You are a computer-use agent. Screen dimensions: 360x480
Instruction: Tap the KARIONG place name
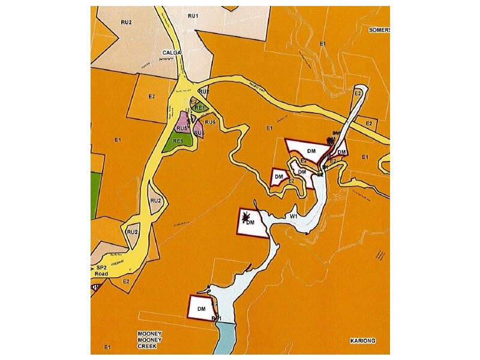pyautogui.click(x=362, y=341)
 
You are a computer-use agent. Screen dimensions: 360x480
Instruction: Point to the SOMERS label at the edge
pyautogui.click(x=379, y=29)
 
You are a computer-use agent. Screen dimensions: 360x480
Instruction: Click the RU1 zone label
pyautogui.click(x=193, y=15)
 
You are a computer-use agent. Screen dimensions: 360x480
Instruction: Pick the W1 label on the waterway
pyautogui.click(x=294, y=215)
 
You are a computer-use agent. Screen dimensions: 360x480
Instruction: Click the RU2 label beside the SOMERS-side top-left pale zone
pyautogui.click(x=126, y=22)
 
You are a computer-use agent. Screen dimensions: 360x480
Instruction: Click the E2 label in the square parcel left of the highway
pyautogui.click(x=152, y=96)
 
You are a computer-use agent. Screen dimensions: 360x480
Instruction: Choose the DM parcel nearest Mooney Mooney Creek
pyautogui.click(x=201, y=308)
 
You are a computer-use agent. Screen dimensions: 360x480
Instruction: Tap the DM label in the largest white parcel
pyautogui.click(x=311, y=150)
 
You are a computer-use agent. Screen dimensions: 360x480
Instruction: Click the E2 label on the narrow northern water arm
pyautogui.click(x=358, y=94)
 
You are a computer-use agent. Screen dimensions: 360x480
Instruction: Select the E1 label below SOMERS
pyautogui.click(x=323, y=44)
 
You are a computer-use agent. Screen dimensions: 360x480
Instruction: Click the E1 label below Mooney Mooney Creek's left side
pyautogui.click(x=107, y=347)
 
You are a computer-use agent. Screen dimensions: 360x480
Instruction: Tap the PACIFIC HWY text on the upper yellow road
pyautogui.click(x=257, y=86)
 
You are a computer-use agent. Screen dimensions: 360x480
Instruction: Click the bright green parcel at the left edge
pyautogui.click(x=95, y=195)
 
